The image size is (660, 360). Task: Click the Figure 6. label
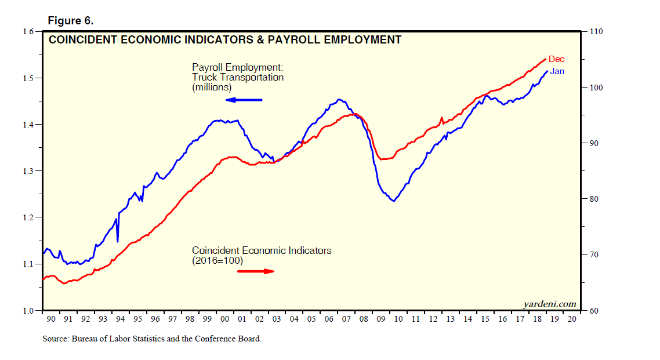click(x=70, y=21)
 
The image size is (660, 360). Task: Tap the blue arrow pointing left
click(x=244, y=100)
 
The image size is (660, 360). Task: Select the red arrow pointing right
click(x=256, y=271)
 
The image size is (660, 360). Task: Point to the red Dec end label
click(x=556, y=59)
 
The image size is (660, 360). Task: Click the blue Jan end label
click(x=557, y=71)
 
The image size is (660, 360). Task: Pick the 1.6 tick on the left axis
click(x=29, y=31)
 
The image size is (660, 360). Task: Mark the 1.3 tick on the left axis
click(x=29, y=171)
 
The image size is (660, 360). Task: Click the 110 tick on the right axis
click(x=596, y=31)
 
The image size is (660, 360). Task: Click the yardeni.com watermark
click(x=549, y=304)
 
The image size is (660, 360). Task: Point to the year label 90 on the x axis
click(x=51, y=319)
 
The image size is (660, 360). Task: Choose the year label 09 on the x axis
click(x=381, y=319)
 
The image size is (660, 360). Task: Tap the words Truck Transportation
click(x=238, y=77)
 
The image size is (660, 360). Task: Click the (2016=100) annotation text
click(x=217, y=261)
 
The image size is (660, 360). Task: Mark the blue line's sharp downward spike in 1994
click(x=118, y=241)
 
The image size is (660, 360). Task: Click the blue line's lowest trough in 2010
click(x=394, y=201)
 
